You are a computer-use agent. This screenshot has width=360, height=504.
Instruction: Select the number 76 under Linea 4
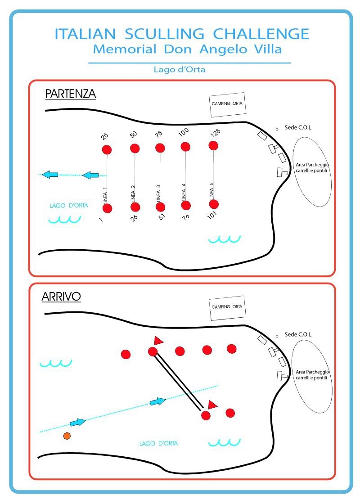click(185, 217)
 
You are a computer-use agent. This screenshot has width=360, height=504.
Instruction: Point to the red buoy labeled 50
click(135, 148)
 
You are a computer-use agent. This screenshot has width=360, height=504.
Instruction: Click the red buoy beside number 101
click(214, 204)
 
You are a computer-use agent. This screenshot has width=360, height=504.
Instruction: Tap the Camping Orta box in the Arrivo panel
click(227, 308)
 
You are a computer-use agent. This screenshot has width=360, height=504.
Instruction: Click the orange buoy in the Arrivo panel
click(67, 436)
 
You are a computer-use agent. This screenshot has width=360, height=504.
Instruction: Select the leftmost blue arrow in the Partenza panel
click(49, 174)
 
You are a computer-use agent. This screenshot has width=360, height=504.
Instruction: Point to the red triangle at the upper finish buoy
click(158, 340)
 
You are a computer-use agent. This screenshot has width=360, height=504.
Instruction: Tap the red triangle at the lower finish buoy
click(212, 405)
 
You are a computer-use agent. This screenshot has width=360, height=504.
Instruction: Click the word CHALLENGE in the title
click(261, 34)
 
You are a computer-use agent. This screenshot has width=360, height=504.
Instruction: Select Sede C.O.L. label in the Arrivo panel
click(298, 335)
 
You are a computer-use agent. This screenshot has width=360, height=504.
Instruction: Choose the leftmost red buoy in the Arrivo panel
click(126, 354)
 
